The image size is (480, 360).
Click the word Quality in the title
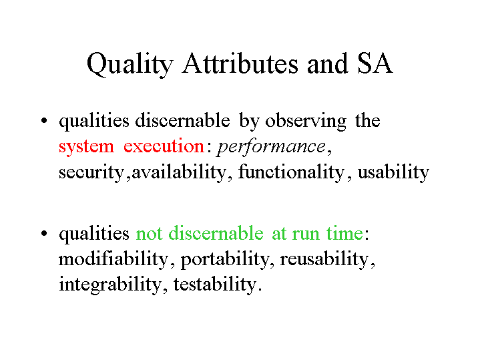130,64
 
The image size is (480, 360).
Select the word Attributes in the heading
240,63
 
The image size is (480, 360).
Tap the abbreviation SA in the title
375,63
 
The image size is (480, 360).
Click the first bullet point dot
44,120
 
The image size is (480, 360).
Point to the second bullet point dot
44,233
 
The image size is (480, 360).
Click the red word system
86,147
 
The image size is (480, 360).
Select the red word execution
164,146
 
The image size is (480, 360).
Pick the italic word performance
270,147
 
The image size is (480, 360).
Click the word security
91,173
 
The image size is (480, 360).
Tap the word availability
179,172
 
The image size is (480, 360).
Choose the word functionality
291,172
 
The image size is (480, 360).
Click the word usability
393,172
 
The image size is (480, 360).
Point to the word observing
306,122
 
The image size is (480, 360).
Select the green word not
149,234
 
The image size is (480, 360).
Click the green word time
344,234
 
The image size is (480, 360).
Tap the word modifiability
113,260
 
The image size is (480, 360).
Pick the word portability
225,260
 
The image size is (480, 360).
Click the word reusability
324,260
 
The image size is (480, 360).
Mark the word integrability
109,285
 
